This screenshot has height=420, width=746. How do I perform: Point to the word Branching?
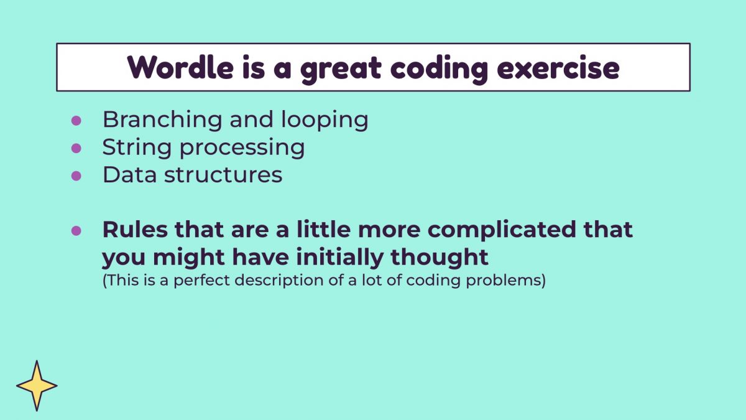(x=162, y=120)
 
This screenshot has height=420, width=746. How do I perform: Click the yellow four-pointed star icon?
(x=37, y=386)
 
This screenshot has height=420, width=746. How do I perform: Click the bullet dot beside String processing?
(x=76, y=148)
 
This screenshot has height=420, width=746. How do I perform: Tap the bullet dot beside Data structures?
(x=76, y=175)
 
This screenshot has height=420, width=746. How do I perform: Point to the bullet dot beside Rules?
(x=76, y=230)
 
